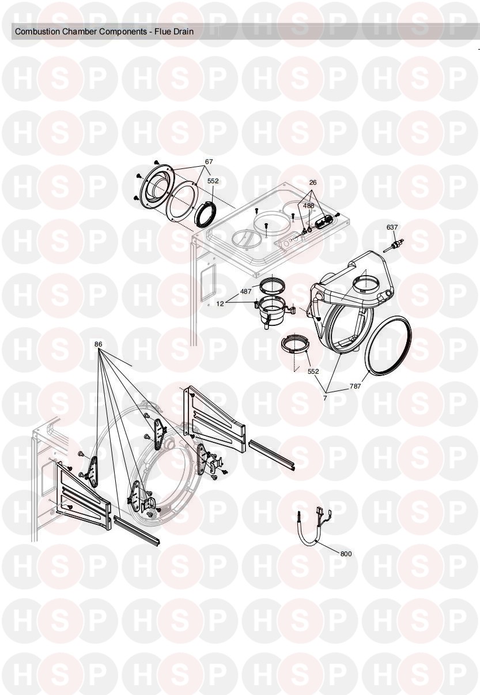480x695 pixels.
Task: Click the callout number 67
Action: point(209,161)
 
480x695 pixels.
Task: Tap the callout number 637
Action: point(392,227)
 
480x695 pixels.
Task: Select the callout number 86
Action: point(99,344)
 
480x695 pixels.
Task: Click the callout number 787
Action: point(356,386)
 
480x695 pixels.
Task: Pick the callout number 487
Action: point(246,292)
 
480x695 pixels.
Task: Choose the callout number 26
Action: point(313,183)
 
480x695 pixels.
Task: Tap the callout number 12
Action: point(220,304)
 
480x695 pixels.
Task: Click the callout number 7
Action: point(325,398)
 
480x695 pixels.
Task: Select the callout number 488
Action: point(308,205)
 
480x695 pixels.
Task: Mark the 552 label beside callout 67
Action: point(213,181)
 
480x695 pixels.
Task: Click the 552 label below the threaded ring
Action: point(313,371)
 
